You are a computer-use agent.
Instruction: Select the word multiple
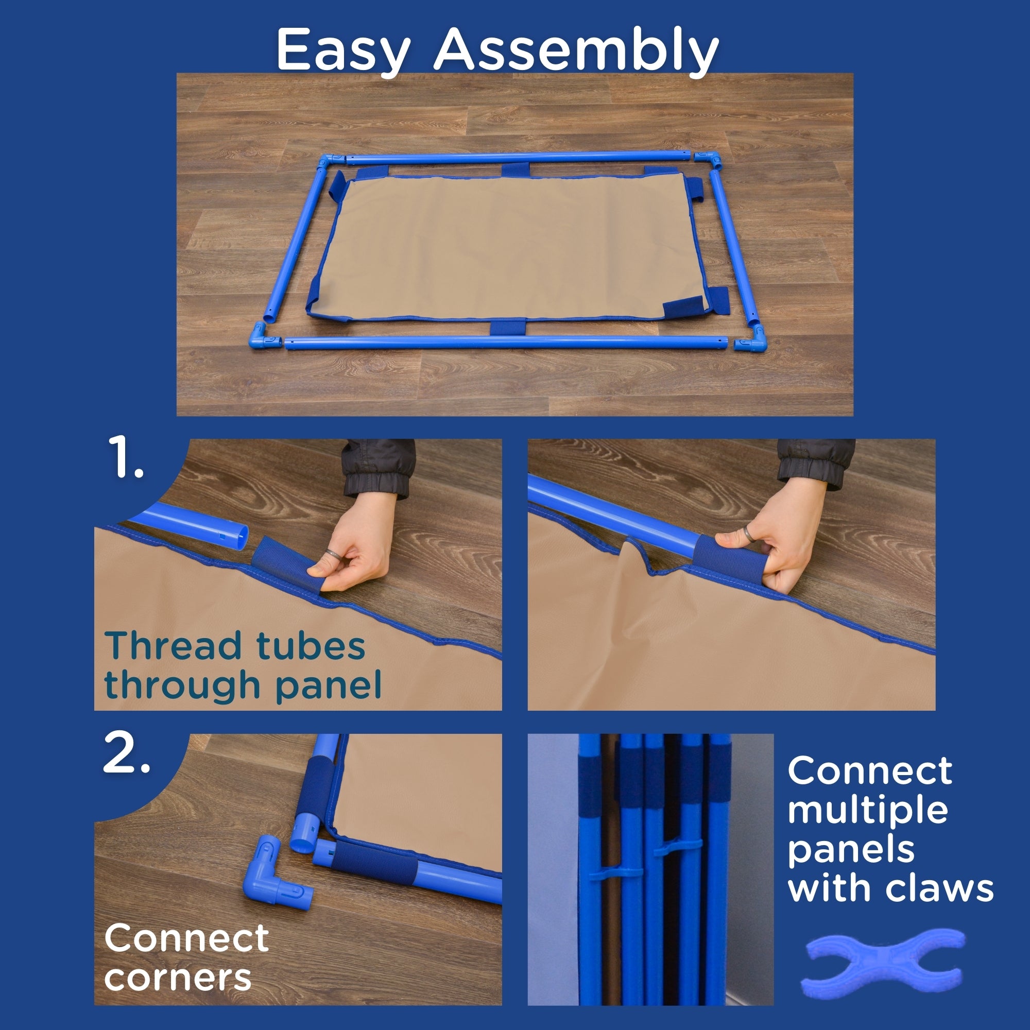click(868, 812)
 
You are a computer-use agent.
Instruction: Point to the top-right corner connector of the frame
click(709, 158)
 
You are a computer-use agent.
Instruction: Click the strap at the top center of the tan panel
click(515, 170)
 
